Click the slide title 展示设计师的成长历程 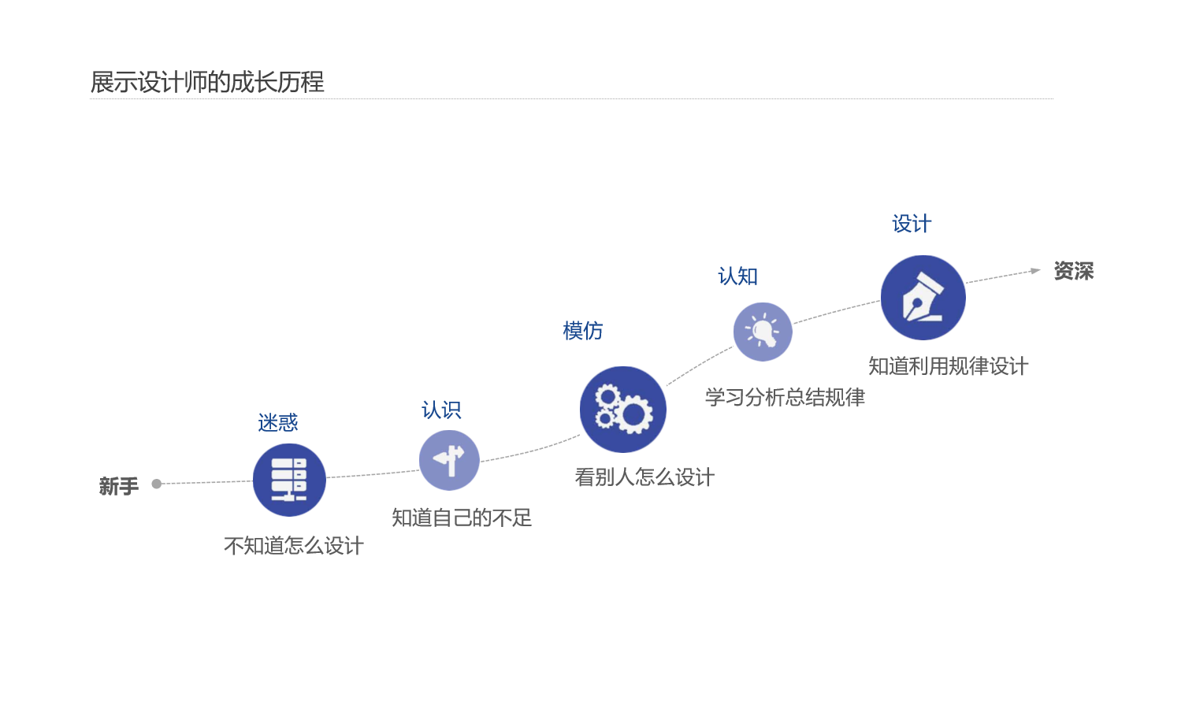click(x=207, y=82)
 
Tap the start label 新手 click(x=119, y=486)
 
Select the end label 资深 click(x=1073, y=271)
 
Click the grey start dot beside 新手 click(x=157, y=484)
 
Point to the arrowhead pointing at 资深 click(x=1035, y=271)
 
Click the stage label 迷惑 click(x=277, y=423)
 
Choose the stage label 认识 click(x=441, y=410)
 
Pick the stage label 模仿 click(x=583, y=331)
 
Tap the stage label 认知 click(x=737, y=276)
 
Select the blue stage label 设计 click(x=912, y=224)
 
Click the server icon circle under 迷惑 click(x=289, y=480)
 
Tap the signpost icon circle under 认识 click(x=449, y=460)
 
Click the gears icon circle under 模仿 click(x=622, y=410)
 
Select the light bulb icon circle click(x=763, y=332)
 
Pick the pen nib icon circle click(x=923, y=298)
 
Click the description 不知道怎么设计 click(x=294, y=546)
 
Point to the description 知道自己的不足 click(x=462, y=518)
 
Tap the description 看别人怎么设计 click(x=644, y=477)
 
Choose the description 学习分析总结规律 click(x=785, y=397)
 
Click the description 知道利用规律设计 click(x=948, y=366)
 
